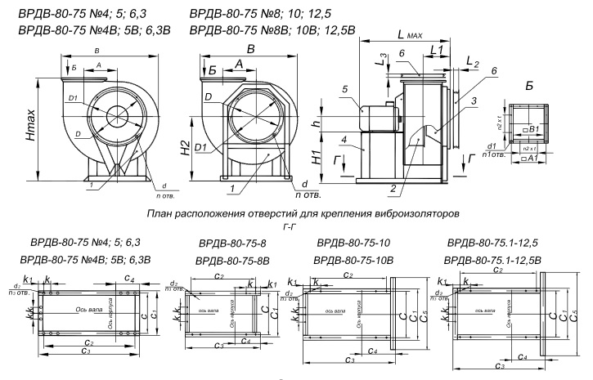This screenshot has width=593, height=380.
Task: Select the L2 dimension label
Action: (x=470, y=62)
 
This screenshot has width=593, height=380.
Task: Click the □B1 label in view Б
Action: (x=532, y=129)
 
